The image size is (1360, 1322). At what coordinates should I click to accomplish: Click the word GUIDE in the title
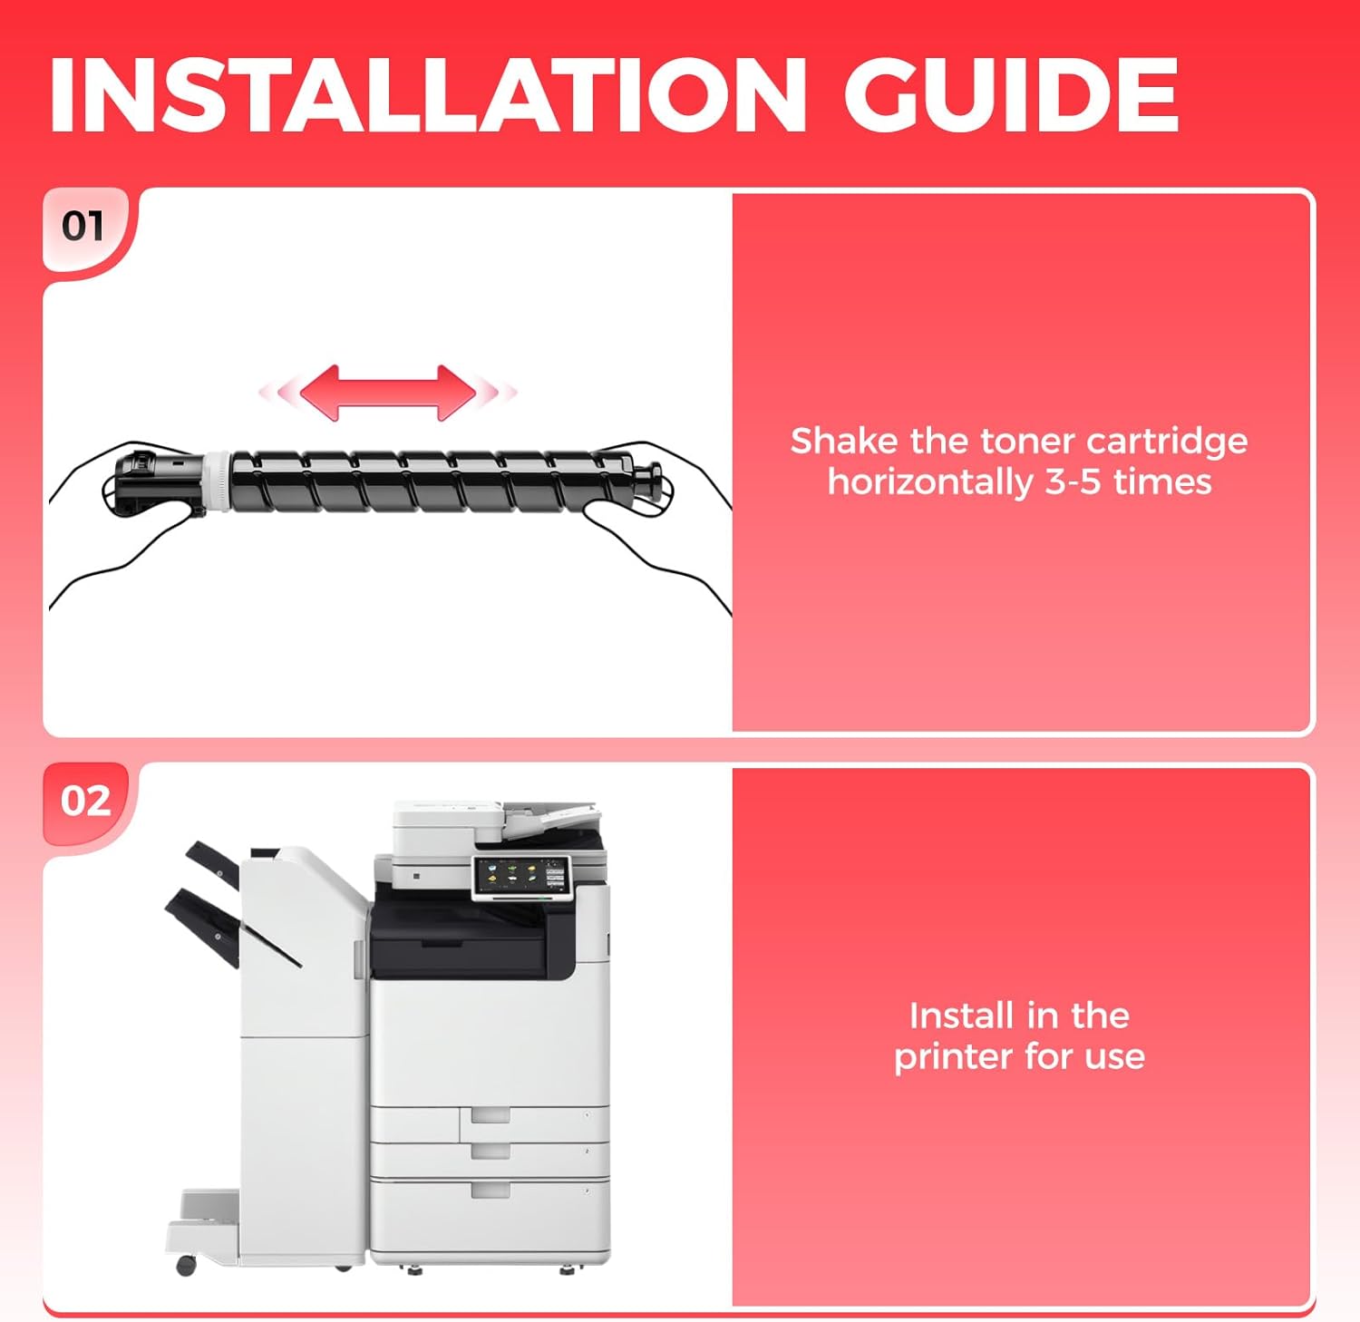tap(1012, 95)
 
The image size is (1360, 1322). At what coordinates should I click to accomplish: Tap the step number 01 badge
tap(83, 226)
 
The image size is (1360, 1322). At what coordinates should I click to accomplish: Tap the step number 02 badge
tap(85, 801)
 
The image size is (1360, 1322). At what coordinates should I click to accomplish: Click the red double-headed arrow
tap(388, 393)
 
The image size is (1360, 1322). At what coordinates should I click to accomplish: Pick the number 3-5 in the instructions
tap(1074, 482)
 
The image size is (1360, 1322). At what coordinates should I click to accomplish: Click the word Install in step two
tap(960, 1016)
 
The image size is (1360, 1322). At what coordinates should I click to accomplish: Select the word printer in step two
tap(954, 1057)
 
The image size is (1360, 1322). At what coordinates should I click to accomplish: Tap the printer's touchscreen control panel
tap(520, 877)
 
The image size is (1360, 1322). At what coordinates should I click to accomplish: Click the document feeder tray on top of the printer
tap(549, 819)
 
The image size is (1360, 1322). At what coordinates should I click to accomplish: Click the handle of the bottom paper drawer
tap(491, 1190)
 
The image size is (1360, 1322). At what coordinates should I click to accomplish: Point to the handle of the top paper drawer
tap(491, 1114)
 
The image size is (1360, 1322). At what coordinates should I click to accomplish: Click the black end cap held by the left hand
tap(151, 481)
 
